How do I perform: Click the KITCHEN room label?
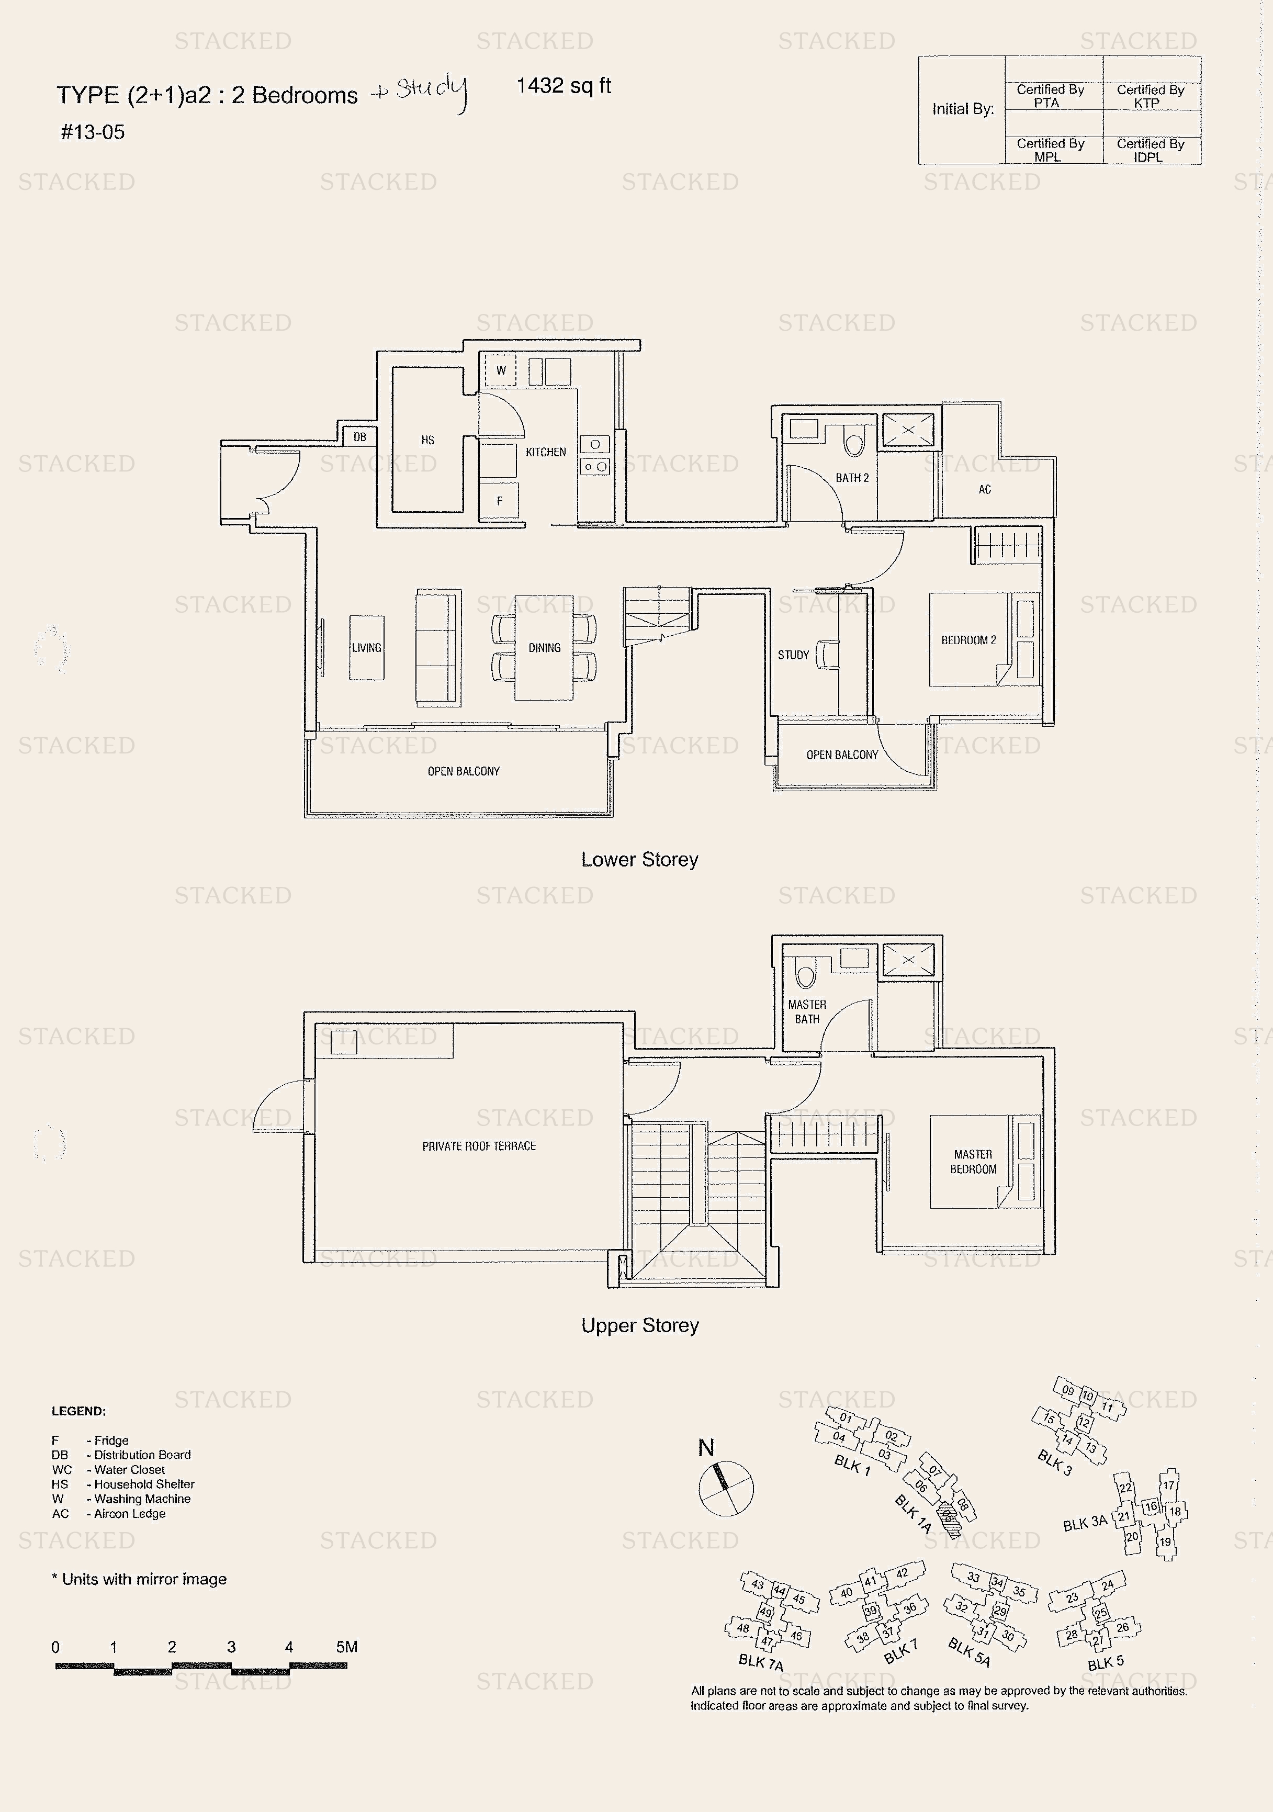coord(545,452)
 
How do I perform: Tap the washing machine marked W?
coord(500,370)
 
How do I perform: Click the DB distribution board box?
coord(360,436)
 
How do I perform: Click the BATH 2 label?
coord(852,478)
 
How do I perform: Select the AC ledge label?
coord(984,489)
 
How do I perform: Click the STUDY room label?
coord(793,655)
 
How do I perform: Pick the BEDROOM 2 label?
coord(968,640)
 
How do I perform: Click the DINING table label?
coord(545,648)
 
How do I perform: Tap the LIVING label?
coord(366,648)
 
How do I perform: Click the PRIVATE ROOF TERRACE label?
coord(479,1146)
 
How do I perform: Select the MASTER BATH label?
coord(807,1012)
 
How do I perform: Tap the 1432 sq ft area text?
coord(564,85)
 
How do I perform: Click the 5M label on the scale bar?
coord(346,1647)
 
